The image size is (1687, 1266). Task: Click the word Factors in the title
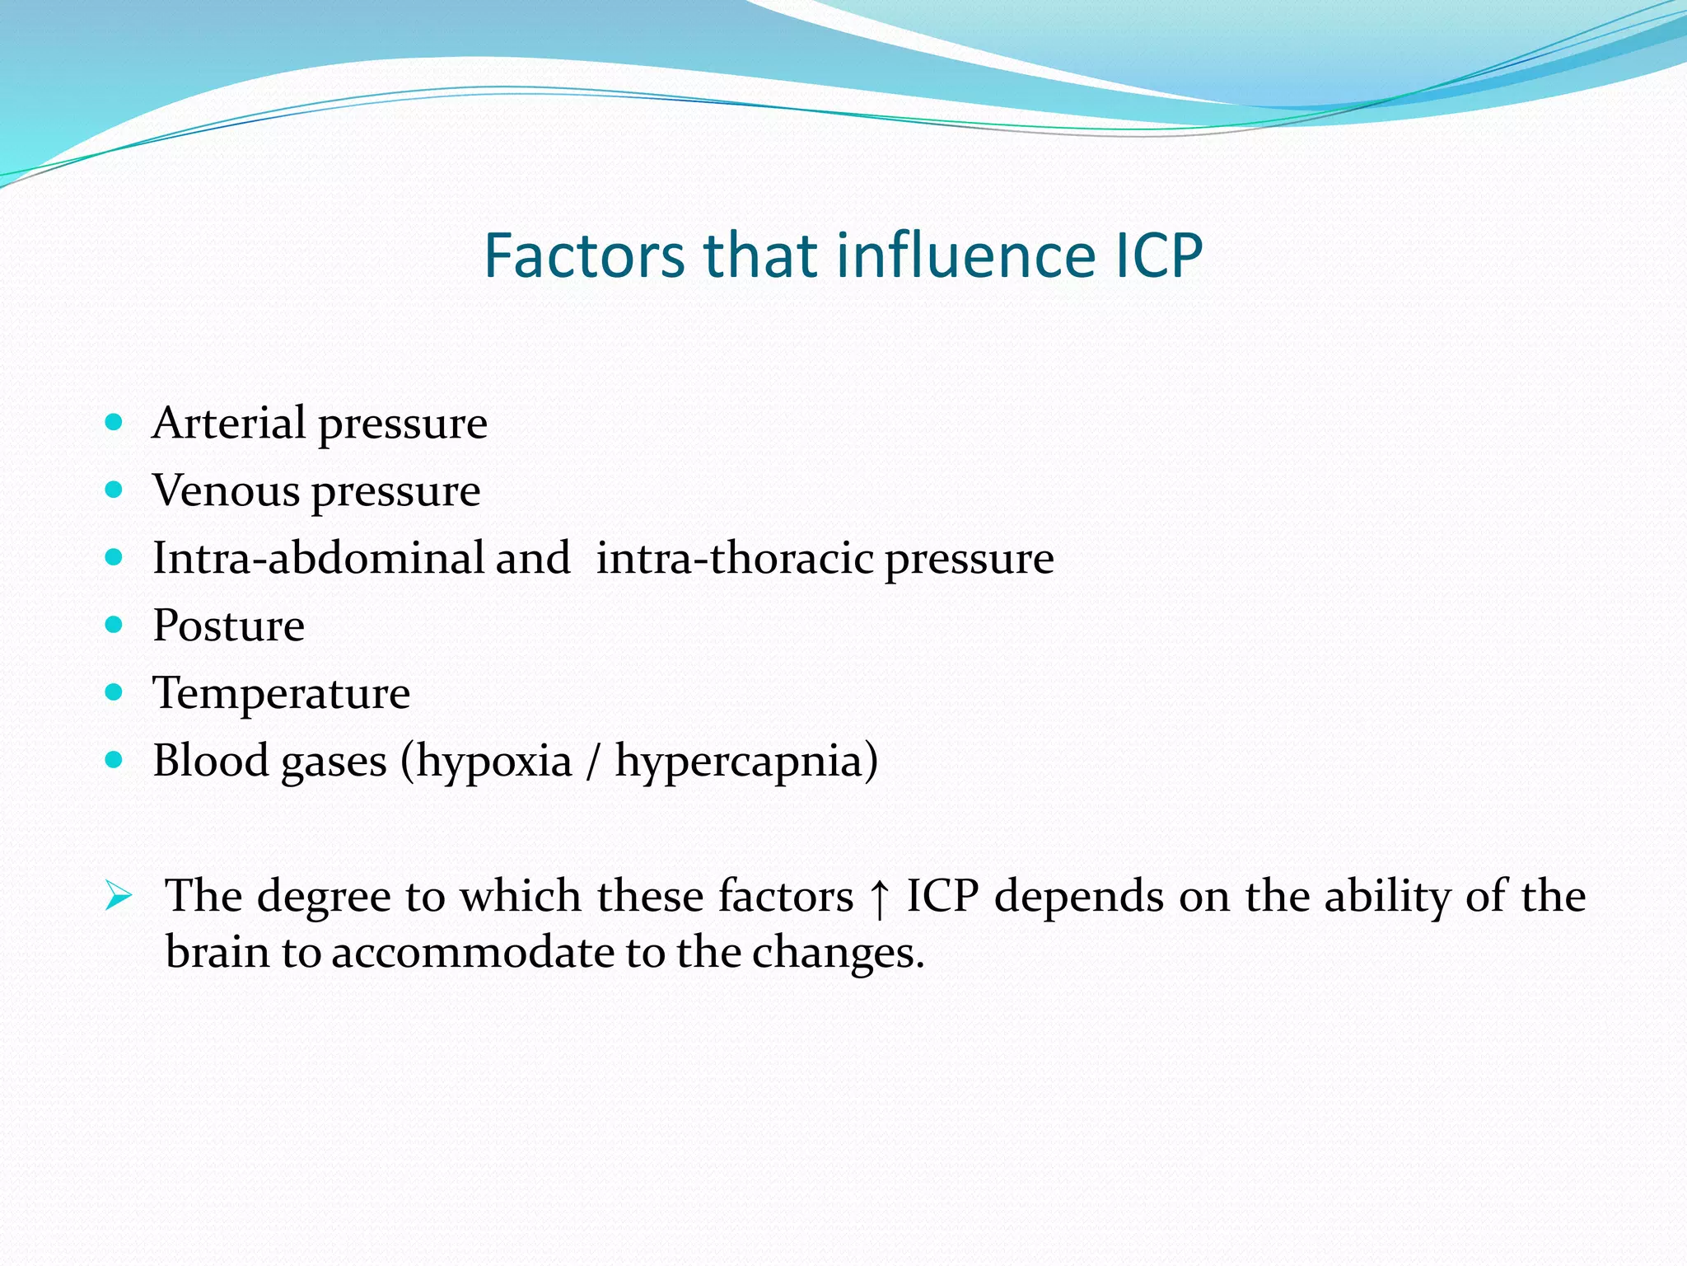(x=583, y=256)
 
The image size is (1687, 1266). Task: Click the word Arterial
(x=229, y=424)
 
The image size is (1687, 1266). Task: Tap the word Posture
(x=228, y=626)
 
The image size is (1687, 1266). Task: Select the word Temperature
(x=281, y=693)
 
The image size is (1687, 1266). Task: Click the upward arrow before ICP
(x=880, y=898)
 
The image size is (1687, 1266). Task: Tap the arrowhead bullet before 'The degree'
(x=119, y=896)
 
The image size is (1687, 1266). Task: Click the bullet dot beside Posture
(x=114, y=625)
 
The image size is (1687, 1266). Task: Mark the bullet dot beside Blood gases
(x=114, y=759)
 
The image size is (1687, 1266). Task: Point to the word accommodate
(x=473, y=953)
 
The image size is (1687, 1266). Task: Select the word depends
(x=1078, y=897)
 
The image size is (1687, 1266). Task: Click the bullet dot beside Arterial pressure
(x=114, y=423)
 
